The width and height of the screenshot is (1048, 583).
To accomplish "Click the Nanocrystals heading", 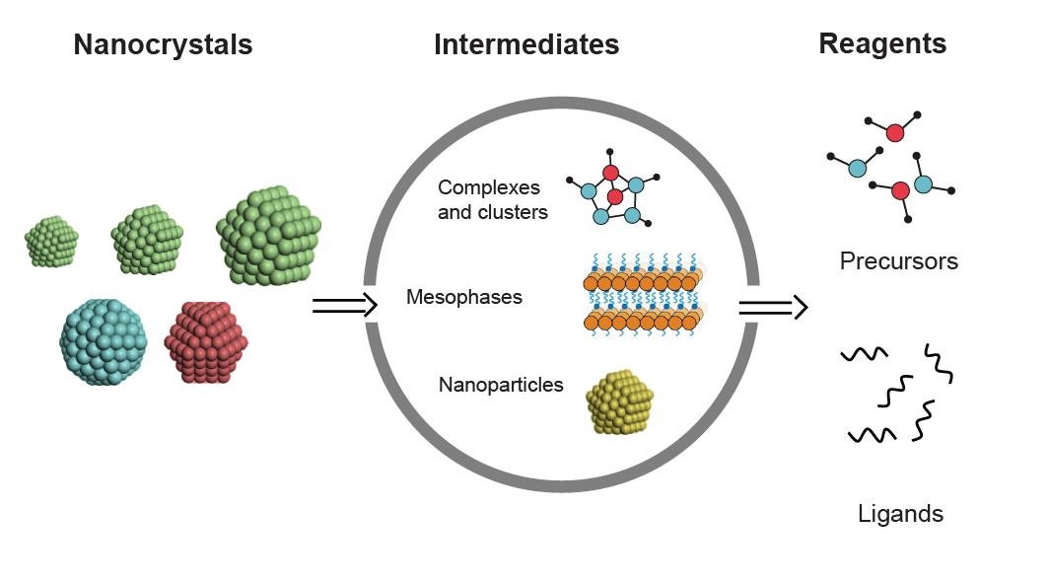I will click(163, 45).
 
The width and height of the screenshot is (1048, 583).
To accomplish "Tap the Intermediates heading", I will click(526, 45).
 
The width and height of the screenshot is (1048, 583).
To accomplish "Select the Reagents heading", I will click(881, 44).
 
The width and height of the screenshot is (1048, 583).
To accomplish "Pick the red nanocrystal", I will click(208, 341).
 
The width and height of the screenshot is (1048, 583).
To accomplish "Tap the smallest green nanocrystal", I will click(52, 242).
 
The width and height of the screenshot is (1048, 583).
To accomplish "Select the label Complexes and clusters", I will click(492, 199).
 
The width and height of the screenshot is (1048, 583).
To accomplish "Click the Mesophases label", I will click(463, 297).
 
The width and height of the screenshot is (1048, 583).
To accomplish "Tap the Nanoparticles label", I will click(500, 385).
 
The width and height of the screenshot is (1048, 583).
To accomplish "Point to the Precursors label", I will click(898, 261).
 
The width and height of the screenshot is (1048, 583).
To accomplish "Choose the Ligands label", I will click(899, 514).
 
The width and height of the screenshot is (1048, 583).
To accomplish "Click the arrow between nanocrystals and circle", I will click(344, 306).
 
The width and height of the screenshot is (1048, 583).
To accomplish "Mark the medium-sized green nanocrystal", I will click(148, 240).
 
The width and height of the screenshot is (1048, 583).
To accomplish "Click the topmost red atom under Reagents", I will click(894, 132).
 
